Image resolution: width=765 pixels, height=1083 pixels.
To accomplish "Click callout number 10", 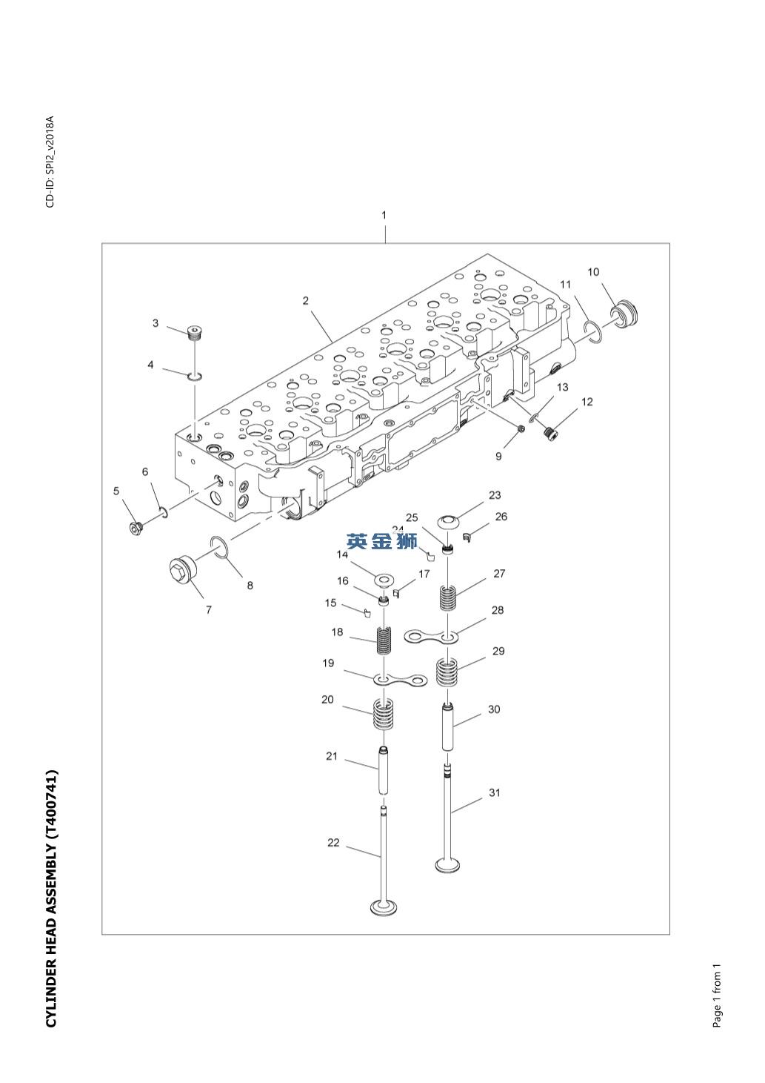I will [x=593, y=272].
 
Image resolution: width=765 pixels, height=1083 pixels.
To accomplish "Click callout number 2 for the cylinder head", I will [x=305, y=301].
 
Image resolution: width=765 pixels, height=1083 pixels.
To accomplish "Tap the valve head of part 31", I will [x=447, y=864].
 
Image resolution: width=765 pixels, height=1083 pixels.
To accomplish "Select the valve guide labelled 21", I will [x=384, y=771].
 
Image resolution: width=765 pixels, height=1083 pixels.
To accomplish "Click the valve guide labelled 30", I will [x=449, y=726].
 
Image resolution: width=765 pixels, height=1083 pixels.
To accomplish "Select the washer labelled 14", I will [x=384, y=578].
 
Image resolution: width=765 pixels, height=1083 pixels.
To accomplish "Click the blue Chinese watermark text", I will [x=382, y=542].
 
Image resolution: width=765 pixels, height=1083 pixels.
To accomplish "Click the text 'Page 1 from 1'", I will [x=717, y=996].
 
